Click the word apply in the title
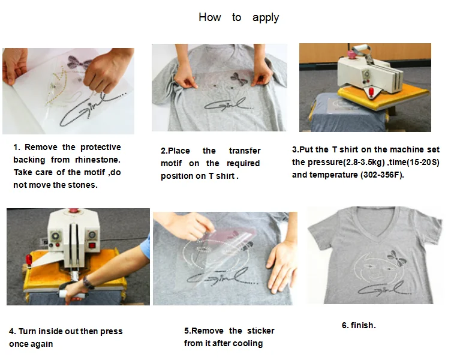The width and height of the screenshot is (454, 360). click(266, 17)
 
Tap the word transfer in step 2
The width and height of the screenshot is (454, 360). click(245, 151)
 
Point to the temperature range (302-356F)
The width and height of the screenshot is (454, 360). click(382, 175)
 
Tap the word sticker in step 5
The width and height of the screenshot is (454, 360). click(261, 331)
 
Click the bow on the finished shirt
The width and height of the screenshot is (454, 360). click(396, 258)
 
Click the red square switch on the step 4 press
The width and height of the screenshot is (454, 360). click(92, 246)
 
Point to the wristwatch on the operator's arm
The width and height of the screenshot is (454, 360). click(88, 283)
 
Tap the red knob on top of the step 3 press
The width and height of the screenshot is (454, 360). click(351, 54)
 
